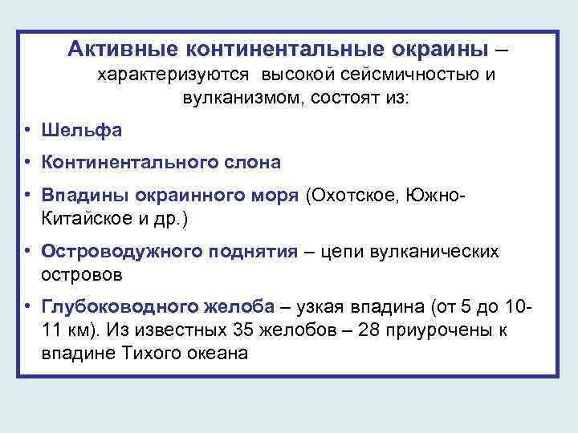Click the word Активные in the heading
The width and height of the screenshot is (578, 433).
tap(124, 49)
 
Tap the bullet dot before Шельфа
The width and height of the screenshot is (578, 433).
tap(27, 131)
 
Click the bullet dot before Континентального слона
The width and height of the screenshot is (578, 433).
tap(27, 163)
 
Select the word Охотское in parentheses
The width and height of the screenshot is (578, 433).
tap(354, 196)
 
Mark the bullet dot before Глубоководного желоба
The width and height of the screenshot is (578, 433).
tap(27, 308)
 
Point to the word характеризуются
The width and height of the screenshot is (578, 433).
tap(173, 75)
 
